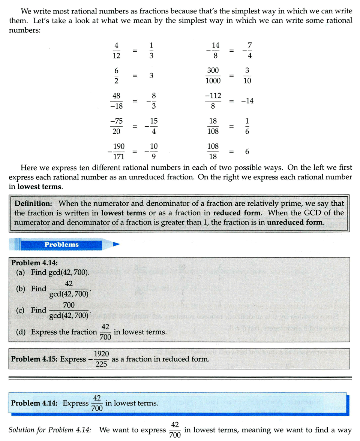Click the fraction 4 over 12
tap(116, 50)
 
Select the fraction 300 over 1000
tap(213, 76)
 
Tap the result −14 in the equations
tap(247, 101)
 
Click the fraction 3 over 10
tap(247, 76)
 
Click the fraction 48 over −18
tap(117, 101)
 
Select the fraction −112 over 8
tap(213, 101)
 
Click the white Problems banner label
tap(61, 245)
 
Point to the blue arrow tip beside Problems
tap(116, 245)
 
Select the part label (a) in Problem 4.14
tap(21, 272)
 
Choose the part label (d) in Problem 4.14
tap(21, 332)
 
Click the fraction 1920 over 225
tap(101, 359)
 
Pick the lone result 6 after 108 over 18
tap(247, 151)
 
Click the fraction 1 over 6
tap(247, 126)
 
